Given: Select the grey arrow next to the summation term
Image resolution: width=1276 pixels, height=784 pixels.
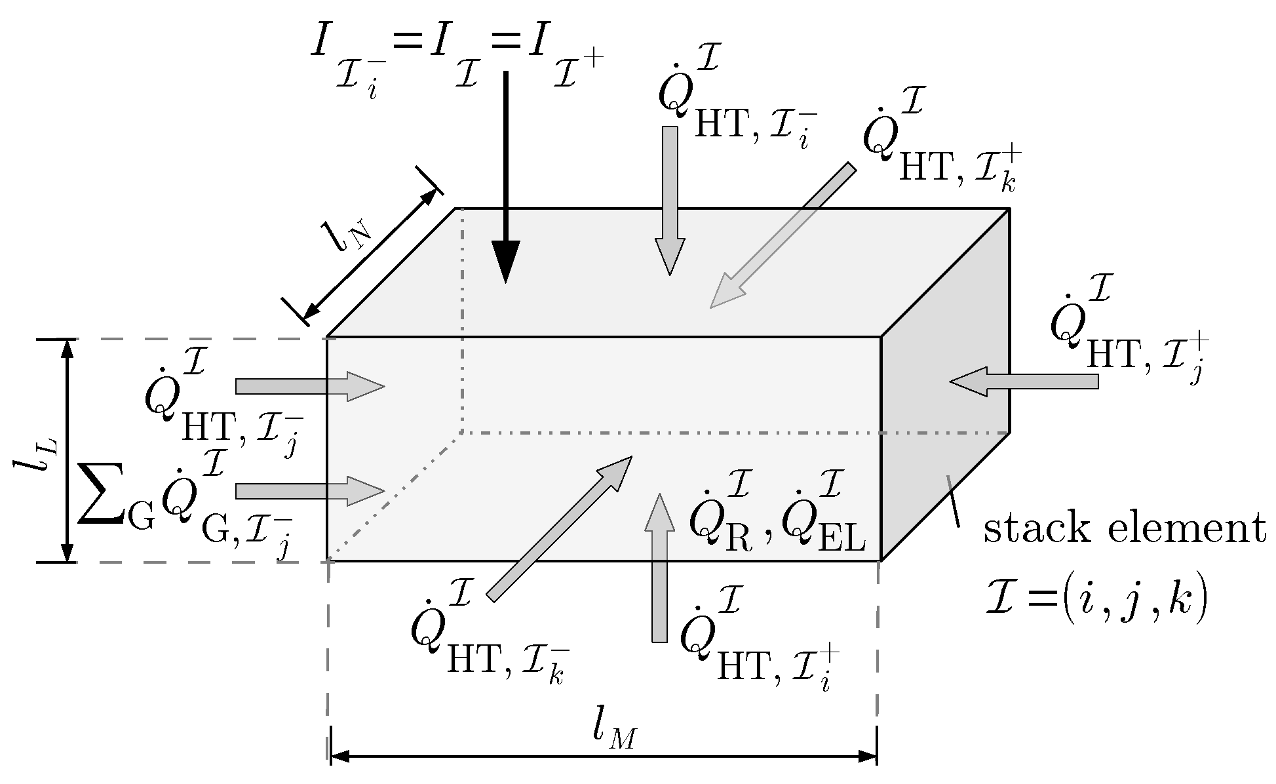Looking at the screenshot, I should click(x=308, y=491).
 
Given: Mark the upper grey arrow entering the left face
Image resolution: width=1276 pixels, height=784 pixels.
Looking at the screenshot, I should click(x=308, y=386).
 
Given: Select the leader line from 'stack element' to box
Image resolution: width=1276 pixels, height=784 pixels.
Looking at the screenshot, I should click(x=952, y=501).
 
